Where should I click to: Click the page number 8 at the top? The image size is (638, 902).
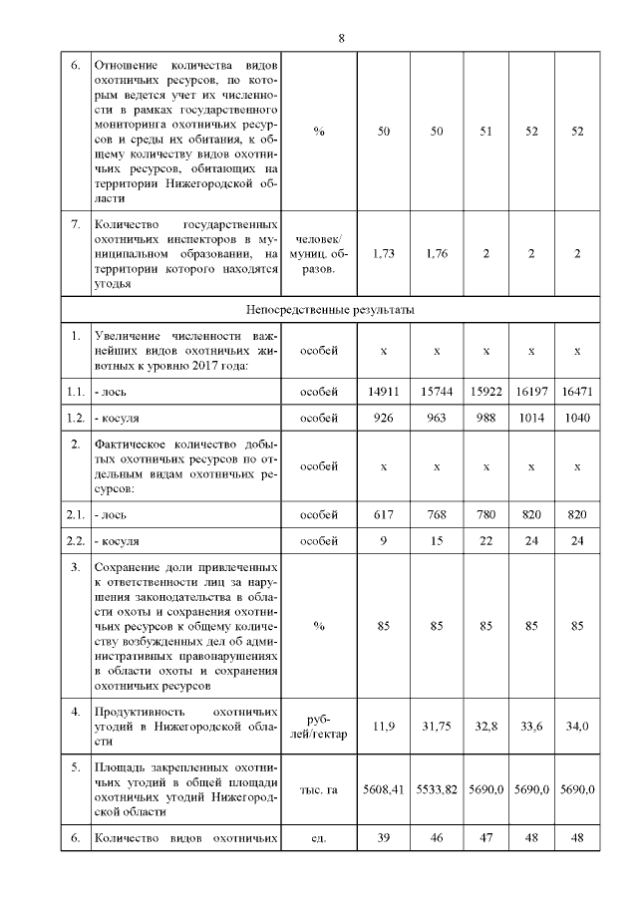(x=341, y=38)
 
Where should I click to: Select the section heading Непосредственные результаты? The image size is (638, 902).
(x=341, y=310)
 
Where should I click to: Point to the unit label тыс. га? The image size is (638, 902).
(x=319, y=789)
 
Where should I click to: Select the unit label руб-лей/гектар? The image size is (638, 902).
(x=319, y=727)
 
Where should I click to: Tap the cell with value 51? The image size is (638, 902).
(x=485, y=131)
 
